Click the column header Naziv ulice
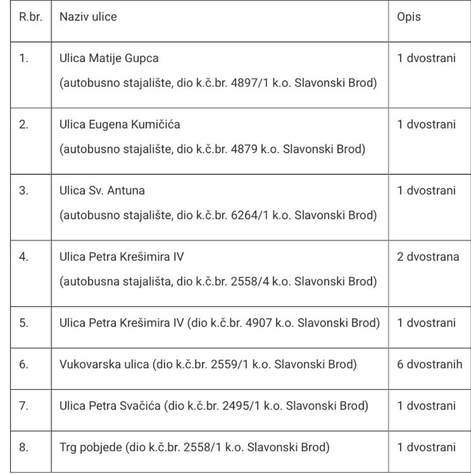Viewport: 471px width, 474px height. pyautogui.click(x=88, y=17)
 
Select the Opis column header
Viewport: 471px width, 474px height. pyautogui.click(x=409, y=17)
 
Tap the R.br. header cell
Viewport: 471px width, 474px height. pyautogui.click(x=31, y=17)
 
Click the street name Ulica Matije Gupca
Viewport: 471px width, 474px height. pyautogui.click(x=109, y=58)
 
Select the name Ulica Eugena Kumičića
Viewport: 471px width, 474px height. pyautogui.click(x=120, y=124)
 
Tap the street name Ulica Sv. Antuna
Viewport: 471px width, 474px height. pyautogui.click(x=102, y=190)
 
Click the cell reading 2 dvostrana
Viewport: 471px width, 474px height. pyautogui.click(x=428, y=257)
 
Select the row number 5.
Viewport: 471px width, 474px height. pyautogui.click(x=24, y=323)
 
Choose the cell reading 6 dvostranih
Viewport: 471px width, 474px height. pyautogui.click(x=429, y=364)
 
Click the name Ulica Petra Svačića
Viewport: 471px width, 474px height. pyautogui.click(x=110, y=406)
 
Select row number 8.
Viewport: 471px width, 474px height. pyautogui.click(x=24, y=447)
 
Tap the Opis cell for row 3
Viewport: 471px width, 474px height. pyautogui.click(x=426, y=190)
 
